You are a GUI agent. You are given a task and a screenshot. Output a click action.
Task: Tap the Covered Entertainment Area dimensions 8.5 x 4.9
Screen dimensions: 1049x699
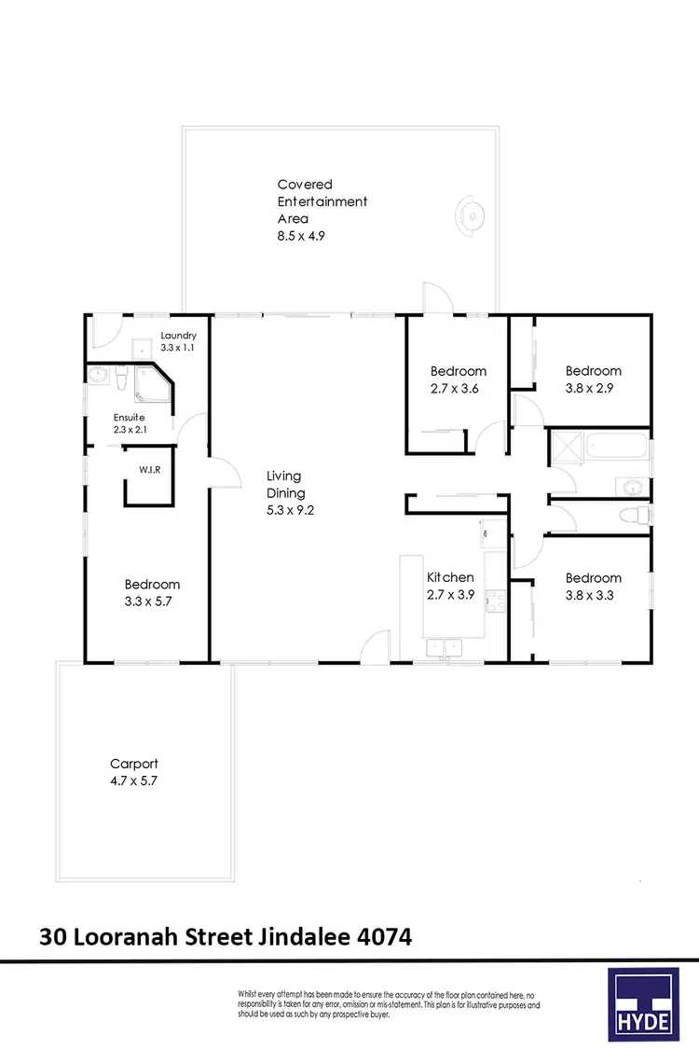click(x=300, y=236)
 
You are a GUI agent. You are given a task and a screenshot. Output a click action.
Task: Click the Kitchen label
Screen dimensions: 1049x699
click(x=450, y=577)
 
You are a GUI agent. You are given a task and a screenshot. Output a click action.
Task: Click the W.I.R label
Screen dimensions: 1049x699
click(x=150, y=469)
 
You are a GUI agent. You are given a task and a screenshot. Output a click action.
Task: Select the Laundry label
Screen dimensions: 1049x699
click(x=178, y=336)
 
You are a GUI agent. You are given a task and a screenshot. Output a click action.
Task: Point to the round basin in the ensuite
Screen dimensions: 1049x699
click(x=100, y=376)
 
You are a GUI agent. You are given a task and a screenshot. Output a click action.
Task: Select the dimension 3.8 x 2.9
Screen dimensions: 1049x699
click(x=593, y=388)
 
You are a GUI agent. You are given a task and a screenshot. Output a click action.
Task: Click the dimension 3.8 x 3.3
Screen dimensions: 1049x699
click(x=593, y=595)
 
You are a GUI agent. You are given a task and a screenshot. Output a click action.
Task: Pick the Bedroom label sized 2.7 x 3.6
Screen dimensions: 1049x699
click(x=457, y=371)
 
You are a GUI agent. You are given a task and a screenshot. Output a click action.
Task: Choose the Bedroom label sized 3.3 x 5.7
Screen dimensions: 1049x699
click(x=152, y=585)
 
